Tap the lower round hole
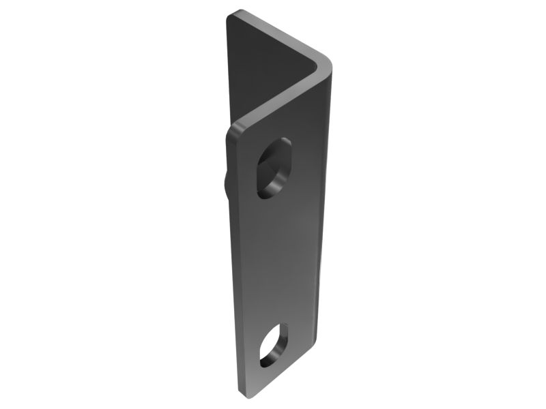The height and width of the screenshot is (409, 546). pyautogui.click(x=272, y=346)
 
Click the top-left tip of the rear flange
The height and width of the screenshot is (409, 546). pyautogui.click(x=233, y=13)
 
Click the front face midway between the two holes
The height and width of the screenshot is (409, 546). pyautogui.click(x=276, y=259)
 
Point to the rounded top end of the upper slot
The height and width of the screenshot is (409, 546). pyautogui.click(x=283, y=145)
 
